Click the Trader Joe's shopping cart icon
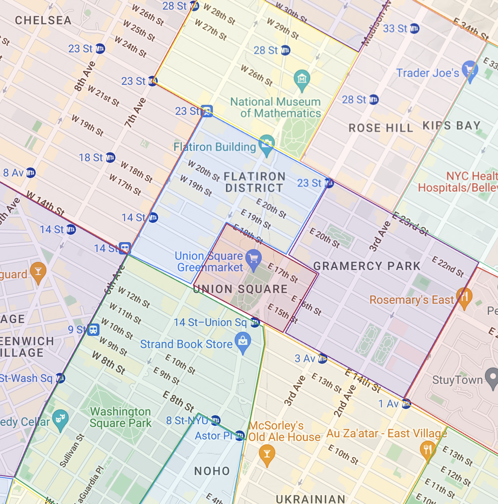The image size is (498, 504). [x=470, y=70]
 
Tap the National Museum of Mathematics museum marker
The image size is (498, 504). [x=302, y=78]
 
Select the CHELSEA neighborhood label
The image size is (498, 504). [x=43, y=20]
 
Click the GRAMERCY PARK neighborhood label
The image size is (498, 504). [x=367, y=266]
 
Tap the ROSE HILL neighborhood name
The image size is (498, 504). [x=380, y=128]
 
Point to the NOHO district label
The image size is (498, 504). [x=212, y=471]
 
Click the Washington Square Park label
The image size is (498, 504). [x=121, y=417]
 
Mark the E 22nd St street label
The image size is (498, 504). [x=448, y=266]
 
